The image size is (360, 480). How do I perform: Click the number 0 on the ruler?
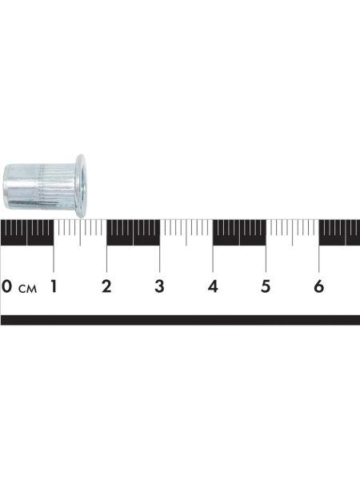pyautogui.click(x=6, y=286)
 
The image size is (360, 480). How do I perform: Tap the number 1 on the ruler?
pyautogui.click(x=54, y=286)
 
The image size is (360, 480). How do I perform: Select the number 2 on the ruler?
pyautogui.click(x=106, y=286)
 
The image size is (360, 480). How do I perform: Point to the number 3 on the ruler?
pyautogui.click(x=159, y=286)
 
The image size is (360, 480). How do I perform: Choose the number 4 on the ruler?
pyautogui.click(x=213, y=286)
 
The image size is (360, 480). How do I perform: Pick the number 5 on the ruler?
pyautogui.click(x=266, y=286)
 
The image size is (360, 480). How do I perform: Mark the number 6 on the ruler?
pyautogui.click(x=318, y=286)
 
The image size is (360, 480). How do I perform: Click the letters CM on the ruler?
pyautogui.click(x=27, y=289)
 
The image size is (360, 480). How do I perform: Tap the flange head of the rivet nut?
pyautogui.click(x=81, y=186)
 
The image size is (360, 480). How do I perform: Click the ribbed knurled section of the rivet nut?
pyautogui.click(x=57, y=186)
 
